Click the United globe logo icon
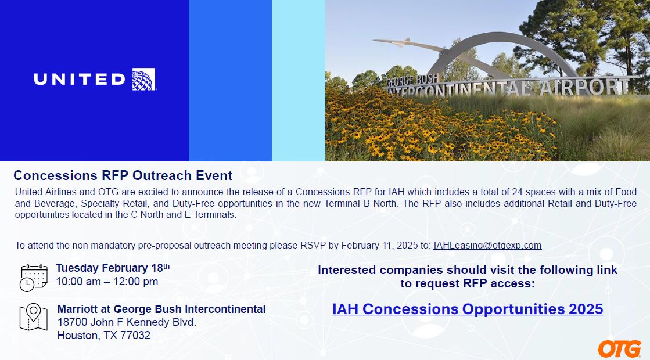[144, 79]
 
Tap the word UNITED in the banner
[80, 79]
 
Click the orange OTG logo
[620, 349]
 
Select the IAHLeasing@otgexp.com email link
[487, 245]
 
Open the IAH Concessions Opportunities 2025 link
[468, 309]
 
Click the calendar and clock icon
[34, 278]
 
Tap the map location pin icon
[34, 317]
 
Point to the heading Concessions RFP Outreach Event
[123, 175]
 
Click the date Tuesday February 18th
[113, 268]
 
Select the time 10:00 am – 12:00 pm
[107, 282]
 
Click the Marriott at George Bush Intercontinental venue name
[161, 309]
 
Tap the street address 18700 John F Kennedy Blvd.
[127, 322]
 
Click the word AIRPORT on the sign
[584, 87]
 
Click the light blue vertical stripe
[299, 80]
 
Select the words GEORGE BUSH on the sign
[412, 80]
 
